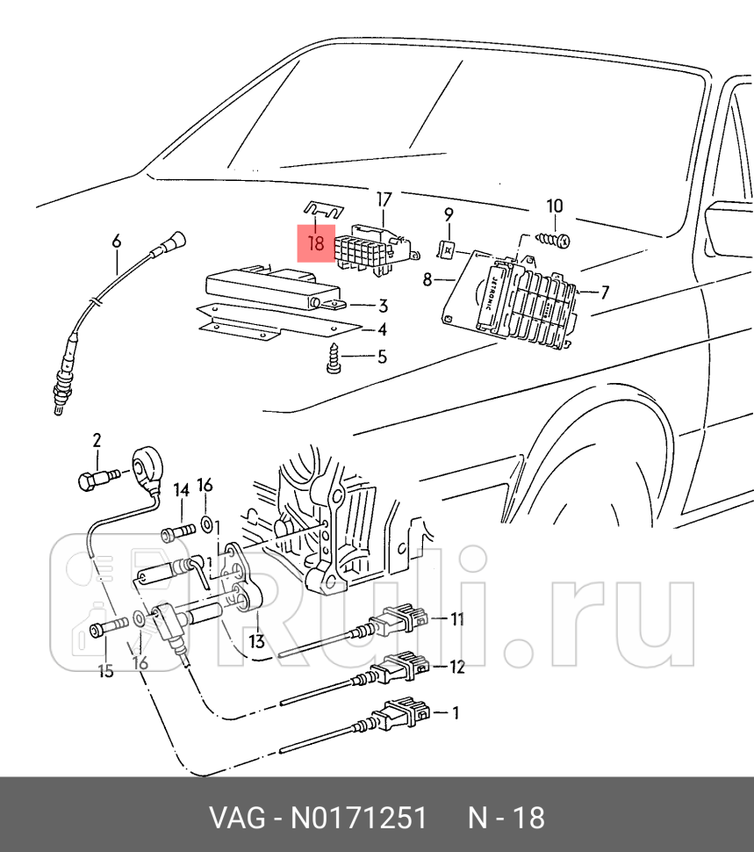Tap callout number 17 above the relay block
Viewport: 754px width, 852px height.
[x=384, y=199]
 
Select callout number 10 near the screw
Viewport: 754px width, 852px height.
[x=555, y=207]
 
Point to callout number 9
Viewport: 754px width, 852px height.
[x=448, y=213]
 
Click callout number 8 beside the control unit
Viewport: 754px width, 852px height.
[x=427, y=280]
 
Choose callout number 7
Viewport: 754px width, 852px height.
[x=605, y=292]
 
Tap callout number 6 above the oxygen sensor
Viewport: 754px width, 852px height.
[x=115, y=241]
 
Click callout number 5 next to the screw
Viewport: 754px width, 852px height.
[x=382, y=357]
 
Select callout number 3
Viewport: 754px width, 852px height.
[x=383, y=306]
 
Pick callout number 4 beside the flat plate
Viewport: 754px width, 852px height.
[x=382, y=330]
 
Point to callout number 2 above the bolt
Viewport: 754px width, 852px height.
[x=97, y=439]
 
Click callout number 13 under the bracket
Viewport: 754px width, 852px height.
[x=256, y=641]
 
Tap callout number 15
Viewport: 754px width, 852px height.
[x=105, y=672]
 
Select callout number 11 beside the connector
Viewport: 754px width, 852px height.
[x=456, y=619]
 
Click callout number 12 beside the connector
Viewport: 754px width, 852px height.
[x=456, y=667]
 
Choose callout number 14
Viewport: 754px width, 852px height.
[x=181, y=489]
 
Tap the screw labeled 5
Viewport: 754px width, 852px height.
[x=334, y=359]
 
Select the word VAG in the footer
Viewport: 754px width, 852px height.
[x=236, y=818]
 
